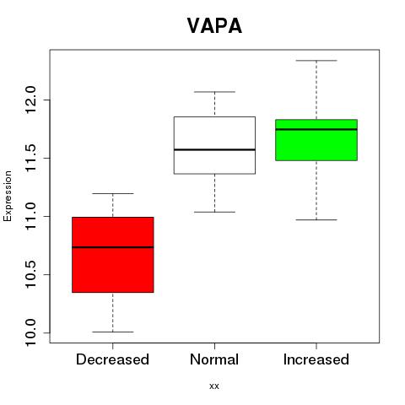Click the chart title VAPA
click(214, 26)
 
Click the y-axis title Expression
click(8, 196)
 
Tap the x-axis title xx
click(214, 386)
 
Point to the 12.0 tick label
click(30, 100)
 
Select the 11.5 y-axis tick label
click(30, 158)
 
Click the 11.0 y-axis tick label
click(30, 216)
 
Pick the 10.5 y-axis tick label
click(30, 274)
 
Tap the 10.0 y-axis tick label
click(30, 332)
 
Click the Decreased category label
click(112, 359)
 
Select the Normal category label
click(214, 359)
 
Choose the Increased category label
click(316, 359)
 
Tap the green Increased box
click(316, 140)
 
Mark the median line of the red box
click(113, 247)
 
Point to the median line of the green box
click(316, 129)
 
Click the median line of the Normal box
click(214, 149)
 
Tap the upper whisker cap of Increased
click(316, 61)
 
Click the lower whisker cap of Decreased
click(113, 332)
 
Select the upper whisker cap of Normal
click(214, 92)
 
